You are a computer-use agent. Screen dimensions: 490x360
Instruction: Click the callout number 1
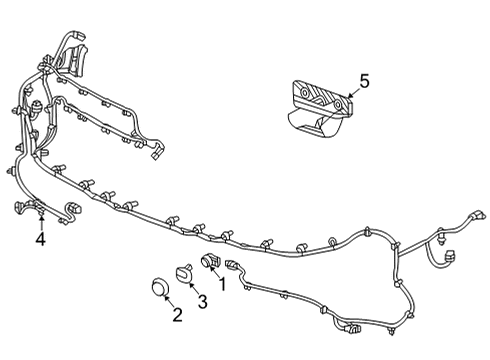click(x=222, y=284)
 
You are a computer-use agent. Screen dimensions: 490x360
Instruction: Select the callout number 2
click(x=177, y=315)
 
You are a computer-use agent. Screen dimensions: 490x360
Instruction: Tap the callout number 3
click(x=202, y=302)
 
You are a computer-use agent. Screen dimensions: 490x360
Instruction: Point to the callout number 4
click(x=41, y=239)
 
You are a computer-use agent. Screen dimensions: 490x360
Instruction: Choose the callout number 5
click(x=365, y=82)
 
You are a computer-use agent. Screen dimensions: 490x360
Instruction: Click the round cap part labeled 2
click(x=160, y=287)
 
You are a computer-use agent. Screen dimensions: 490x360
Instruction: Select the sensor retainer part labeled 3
click(x=184, y=273)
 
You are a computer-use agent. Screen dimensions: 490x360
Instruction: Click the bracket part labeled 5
click(x=319, y=109)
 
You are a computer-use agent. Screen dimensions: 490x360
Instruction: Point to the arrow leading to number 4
click(x=41, y=223)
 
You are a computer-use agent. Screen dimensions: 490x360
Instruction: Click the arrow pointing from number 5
click(x=353, y=93)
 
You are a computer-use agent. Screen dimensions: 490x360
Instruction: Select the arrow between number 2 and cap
click(x=168, y=301)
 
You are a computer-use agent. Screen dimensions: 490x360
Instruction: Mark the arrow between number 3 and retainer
click(x=193, y=288)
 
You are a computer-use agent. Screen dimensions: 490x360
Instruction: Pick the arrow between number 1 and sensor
click(x=214, y=272)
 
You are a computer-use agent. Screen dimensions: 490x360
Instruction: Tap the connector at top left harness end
click(x=78, y=35)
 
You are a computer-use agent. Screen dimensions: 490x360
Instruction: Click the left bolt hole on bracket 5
click(x=304, y=93)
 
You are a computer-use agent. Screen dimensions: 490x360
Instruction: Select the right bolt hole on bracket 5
click(x=338, y=105)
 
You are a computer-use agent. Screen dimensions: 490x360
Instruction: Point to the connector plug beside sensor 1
click(x=232, y=264)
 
